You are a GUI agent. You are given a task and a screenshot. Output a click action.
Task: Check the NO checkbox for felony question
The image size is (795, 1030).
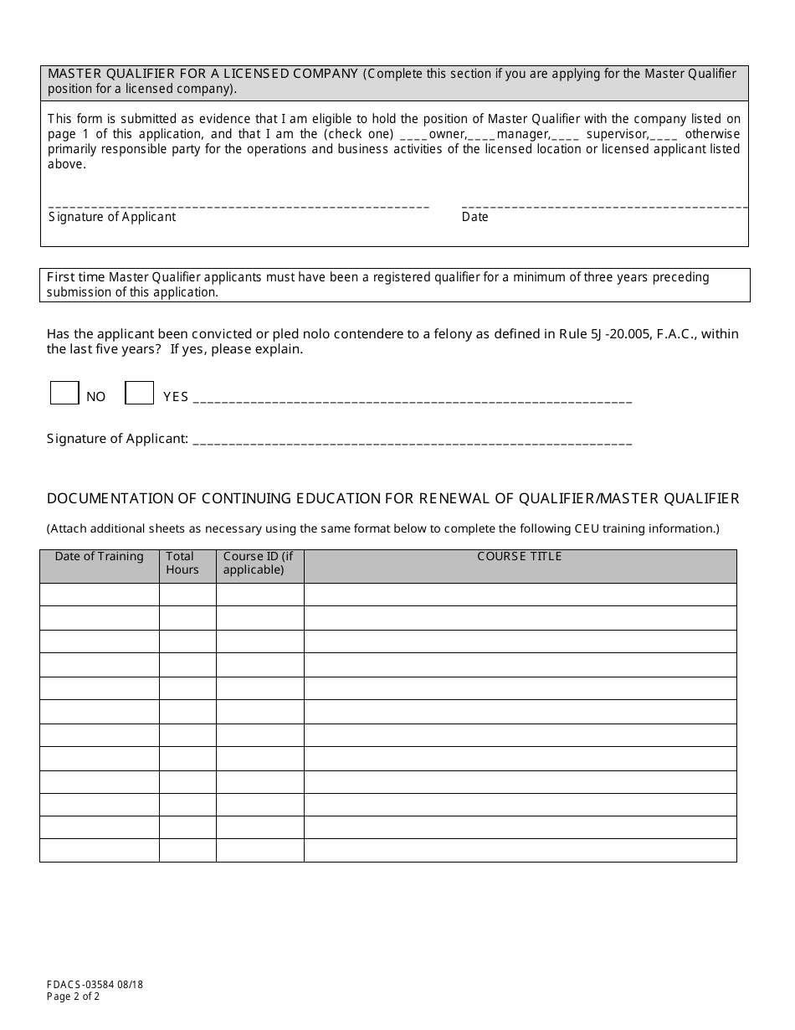click(64, 393)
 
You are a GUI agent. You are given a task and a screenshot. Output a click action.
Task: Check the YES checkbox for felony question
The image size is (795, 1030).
click(139, 393)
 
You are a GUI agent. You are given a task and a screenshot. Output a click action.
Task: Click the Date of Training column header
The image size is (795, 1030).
click(99, 557)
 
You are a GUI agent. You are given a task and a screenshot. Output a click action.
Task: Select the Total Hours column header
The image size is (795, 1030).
click(182, 563)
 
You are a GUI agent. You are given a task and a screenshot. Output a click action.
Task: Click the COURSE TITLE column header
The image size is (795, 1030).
click(520, 557)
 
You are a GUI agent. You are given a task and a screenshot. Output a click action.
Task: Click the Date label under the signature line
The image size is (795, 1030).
click(474, 217)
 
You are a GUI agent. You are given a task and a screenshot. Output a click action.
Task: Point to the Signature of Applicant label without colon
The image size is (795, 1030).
click(112, 217)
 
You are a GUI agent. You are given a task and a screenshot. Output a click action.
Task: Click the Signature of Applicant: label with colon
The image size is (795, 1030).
click(117, 438)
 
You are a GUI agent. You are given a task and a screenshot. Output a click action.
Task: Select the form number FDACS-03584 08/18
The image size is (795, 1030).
click(95, 985)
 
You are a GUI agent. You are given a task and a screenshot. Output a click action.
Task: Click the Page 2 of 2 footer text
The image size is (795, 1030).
click(73, 997)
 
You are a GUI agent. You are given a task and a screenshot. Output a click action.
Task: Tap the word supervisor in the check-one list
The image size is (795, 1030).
click(617, 134)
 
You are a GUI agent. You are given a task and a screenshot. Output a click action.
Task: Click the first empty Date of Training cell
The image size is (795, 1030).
click(99, 595)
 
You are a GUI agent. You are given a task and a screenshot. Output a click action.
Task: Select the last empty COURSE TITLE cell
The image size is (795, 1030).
click(520, 851)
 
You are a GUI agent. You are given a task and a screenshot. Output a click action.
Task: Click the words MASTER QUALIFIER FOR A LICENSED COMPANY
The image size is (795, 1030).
click(203, 74)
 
